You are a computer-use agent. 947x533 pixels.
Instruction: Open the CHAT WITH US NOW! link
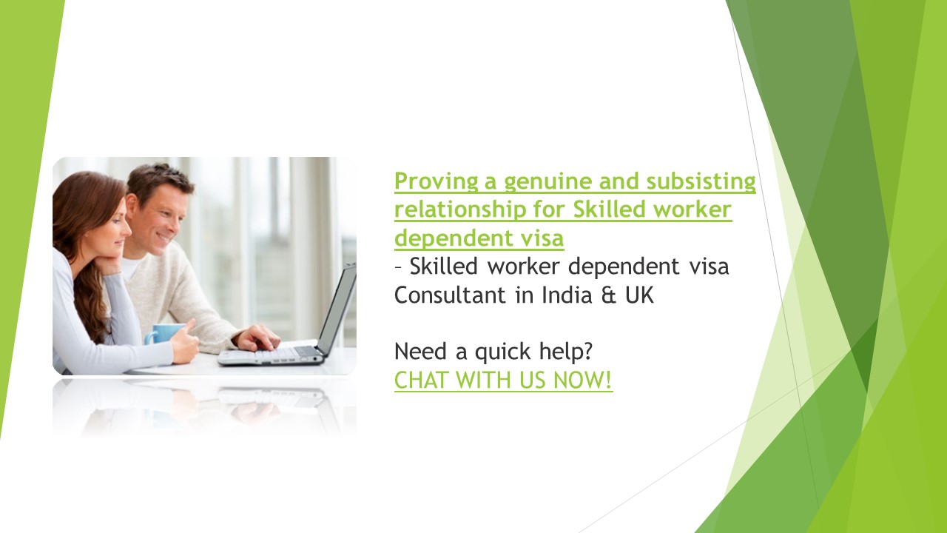503,381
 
